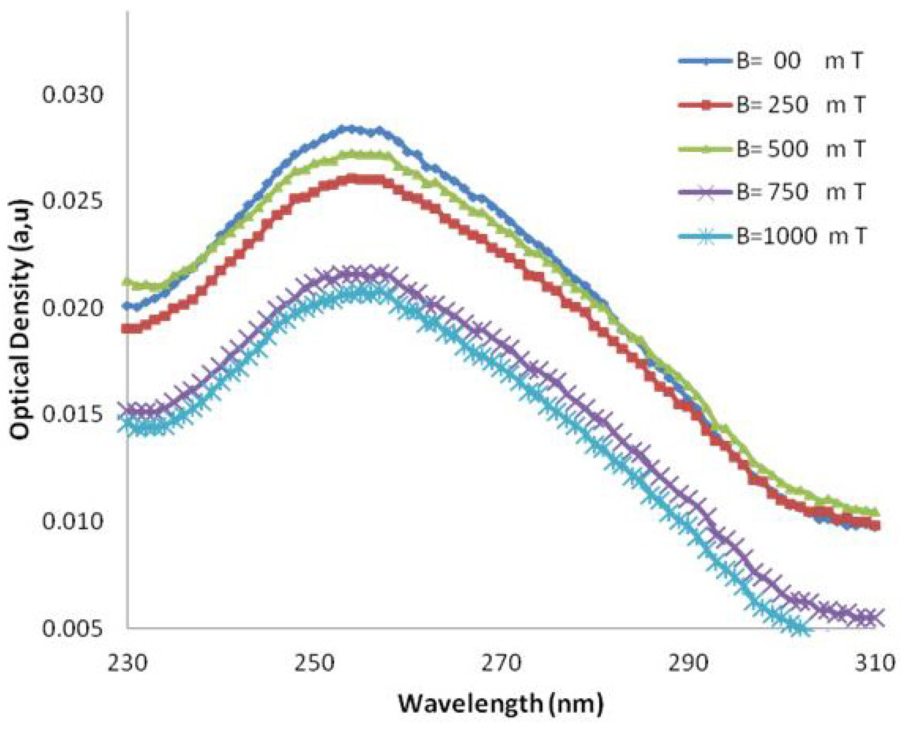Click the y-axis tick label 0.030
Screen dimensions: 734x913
tap(73, 95)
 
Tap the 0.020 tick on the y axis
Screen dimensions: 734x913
tap(73, 308)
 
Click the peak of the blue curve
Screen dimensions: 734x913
tap(350, 129)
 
